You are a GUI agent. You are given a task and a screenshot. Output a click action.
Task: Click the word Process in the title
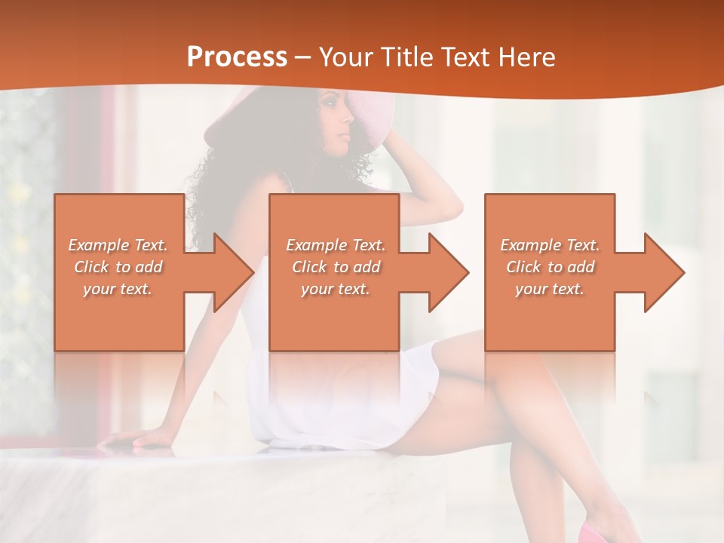237,57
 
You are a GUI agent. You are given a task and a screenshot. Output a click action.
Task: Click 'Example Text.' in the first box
118,245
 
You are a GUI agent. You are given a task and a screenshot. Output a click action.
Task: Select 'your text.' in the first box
118,289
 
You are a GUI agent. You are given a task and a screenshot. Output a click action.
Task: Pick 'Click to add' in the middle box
336,267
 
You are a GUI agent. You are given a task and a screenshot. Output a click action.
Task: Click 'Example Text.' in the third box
550,245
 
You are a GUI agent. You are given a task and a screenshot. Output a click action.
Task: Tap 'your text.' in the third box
550,289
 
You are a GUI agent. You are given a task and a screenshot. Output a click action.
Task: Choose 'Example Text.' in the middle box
336,245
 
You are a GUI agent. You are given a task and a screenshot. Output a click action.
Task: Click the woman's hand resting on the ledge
136,440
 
